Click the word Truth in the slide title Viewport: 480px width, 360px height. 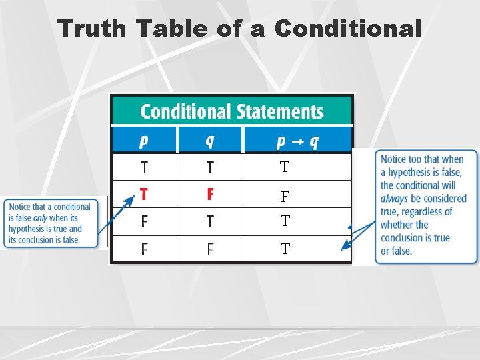coord(91,29)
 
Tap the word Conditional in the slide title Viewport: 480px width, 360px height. coord(347,29)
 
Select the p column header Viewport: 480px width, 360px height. coord(144,141)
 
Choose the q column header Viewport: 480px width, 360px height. coord(210,141)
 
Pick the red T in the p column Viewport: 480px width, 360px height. coord(144,194)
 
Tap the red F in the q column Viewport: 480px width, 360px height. coord(210,194)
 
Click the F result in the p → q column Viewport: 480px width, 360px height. coord(285,197)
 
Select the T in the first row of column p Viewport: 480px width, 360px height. coord(144,167)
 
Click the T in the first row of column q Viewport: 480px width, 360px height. coord(210,167)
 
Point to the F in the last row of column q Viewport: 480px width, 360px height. coord(210,250)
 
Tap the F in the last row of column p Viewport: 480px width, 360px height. coord(144,250)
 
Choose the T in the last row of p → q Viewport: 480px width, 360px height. coord(285,250)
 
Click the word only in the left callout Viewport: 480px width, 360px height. coord(41,218)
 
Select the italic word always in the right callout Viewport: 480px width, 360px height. coord(394,199)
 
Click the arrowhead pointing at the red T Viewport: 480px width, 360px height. coord(132,198)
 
